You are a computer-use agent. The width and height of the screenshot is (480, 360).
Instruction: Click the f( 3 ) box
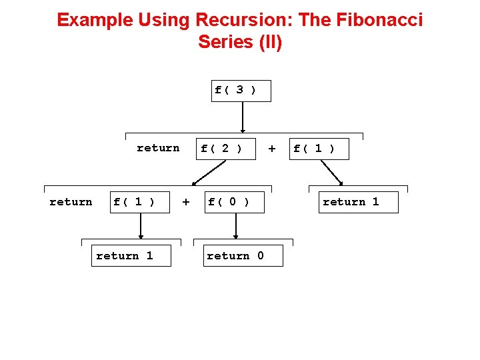click(241, 90)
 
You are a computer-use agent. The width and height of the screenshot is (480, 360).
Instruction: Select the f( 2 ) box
click(225, 149)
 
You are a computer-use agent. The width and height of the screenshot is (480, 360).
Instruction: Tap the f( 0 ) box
click(235, 202)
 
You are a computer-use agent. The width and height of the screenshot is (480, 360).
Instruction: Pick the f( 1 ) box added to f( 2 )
click(319, 149)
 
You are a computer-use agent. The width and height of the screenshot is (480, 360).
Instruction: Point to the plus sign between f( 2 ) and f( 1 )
click(271, 149)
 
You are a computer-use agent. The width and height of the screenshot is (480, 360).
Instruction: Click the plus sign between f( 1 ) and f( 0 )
click(186, 201)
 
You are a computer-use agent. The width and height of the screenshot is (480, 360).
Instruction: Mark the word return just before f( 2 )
click(158, 148)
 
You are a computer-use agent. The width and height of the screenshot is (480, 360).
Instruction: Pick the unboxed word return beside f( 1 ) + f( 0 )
click(71, 202)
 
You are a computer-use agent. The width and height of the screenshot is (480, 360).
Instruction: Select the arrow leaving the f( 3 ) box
click(242, 117)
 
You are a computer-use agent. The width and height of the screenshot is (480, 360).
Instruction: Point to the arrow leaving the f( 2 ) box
click(208, 172)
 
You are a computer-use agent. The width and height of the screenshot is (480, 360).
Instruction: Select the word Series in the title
click(225, 42)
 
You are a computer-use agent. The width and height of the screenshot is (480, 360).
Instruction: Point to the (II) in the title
click(269, 42)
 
